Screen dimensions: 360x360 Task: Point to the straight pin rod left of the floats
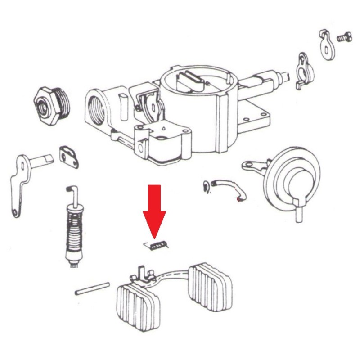(x=93, y=288)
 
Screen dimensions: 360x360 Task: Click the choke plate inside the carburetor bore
(x=191, y=80)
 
